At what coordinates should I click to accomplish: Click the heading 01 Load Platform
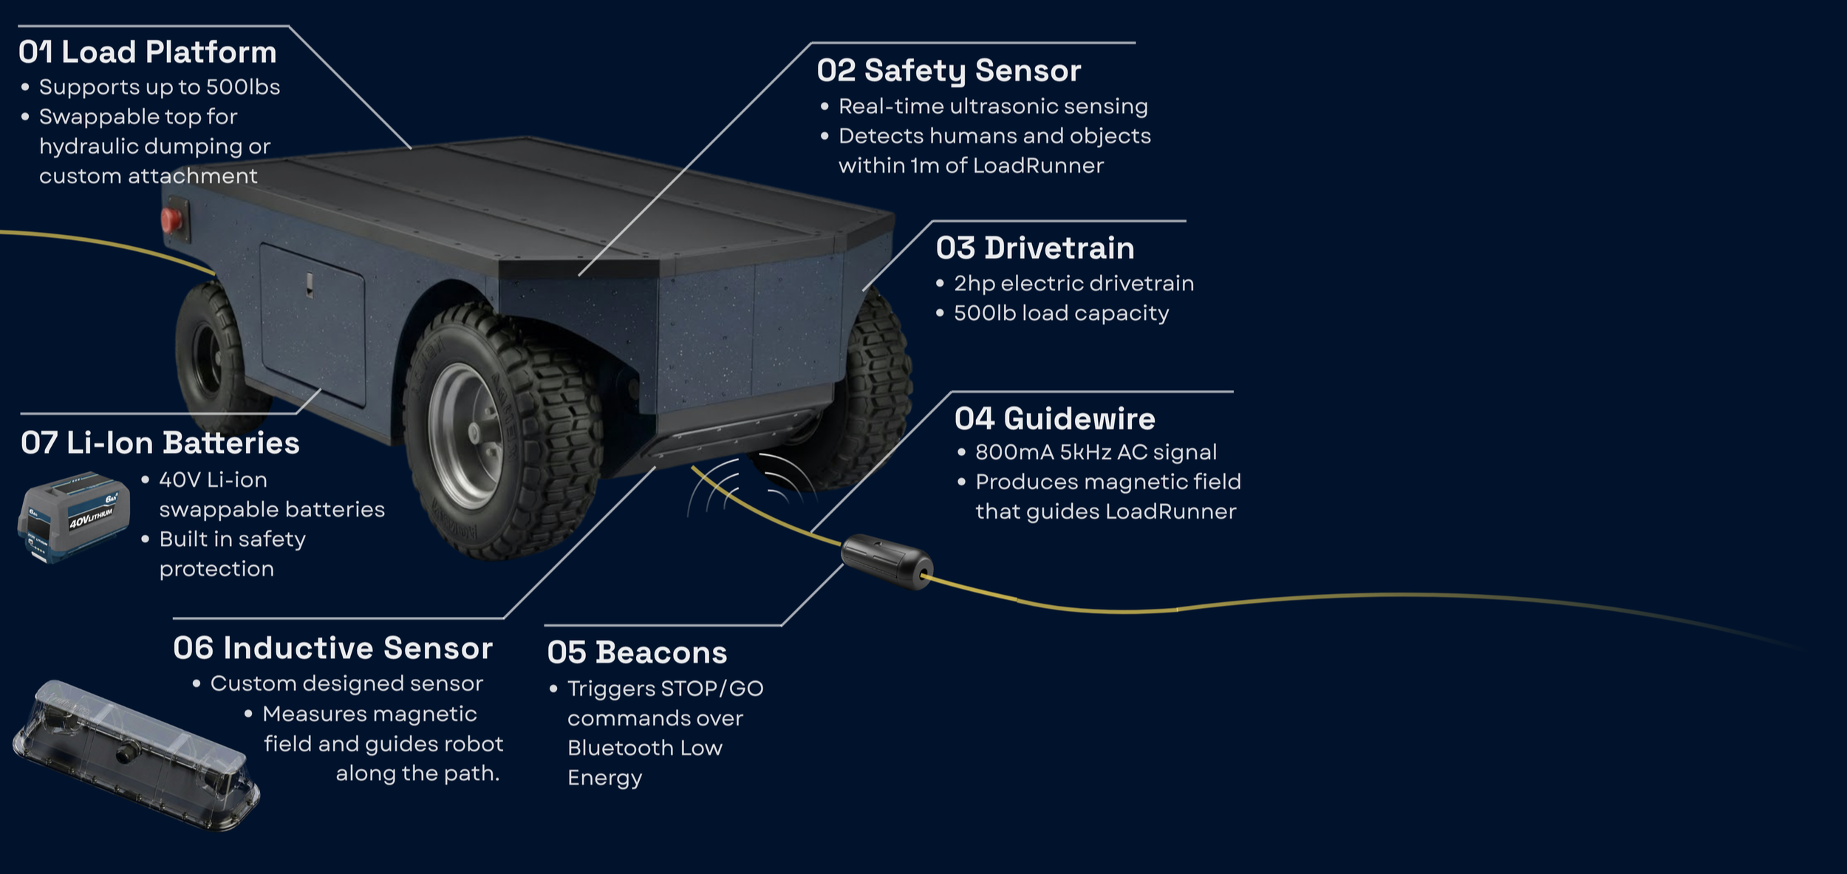click(147, 52)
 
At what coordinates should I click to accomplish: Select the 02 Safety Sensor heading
click(949, 71)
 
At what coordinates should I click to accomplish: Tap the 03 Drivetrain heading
click(1034, 248)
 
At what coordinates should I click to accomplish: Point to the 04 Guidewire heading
click(1054, 419)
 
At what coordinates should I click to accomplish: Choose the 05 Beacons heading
click(637, 653)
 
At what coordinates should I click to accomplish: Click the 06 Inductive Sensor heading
click(332, 649)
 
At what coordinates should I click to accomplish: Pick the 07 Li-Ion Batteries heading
click(160, 443)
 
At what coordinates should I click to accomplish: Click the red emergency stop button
click(171, 219)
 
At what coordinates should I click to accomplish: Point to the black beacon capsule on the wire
click(887, 561)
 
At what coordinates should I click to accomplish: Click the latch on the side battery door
click(310, 285)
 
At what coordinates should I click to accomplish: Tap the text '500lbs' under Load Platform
click(243, 87)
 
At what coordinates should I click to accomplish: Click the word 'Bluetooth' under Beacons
click(620, 748)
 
